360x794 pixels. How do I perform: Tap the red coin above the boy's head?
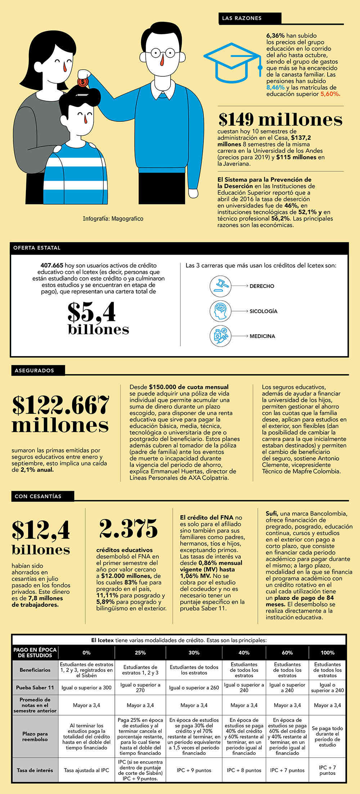click(x=83, y=82)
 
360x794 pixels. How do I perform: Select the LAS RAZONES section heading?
click(x=242, y=18)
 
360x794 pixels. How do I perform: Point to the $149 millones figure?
click(x=280, y=119)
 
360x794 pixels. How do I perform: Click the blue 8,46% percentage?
click(x=275, y=88)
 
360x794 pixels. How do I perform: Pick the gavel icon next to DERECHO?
click(x=220, y=286)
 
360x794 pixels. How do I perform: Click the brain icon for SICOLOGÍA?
click(x=220, y=311)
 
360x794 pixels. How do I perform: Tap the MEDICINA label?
click(x=262, y=336)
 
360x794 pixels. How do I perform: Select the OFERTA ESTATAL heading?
click(x=37, y=248)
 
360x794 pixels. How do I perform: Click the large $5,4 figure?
click(x=92, y=312)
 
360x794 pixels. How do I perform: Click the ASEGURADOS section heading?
click(x=35, y=370)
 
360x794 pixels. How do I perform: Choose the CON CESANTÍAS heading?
click(x=38, y=496)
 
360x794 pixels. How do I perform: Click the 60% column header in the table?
click(x=287, y=652)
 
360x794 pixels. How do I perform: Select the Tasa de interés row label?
click(x=35, y=770)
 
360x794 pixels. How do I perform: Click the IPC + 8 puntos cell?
click(x=244, y=770)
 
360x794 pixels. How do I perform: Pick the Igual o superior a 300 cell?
click(x=86, y=687)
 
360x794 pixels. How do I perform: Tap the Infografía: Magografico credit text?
click(x=113, y=219)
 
